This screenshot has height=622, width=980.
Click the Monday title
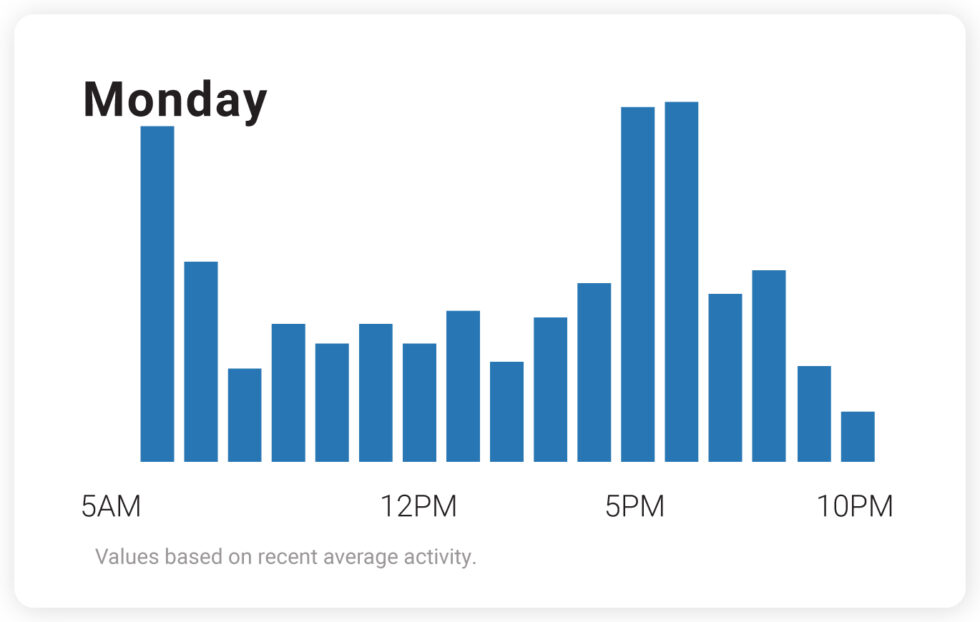(x=175, y=99)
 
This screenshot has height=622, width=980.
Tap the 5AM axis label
(x=111, y=507)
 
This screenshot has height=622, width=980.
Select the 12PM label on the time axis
(x=418, y=507)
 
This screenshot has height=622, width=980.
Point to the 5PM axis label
(x=635, y=507)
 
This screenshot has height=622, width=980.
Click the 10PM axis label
(x=855, y=507)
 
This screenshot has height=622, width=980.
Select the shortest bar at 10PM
(x=857, y=437)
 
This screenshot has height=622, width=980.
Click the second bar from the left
(x=201, y=361)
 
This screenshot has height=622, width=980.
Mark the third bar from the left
(x=244, y=415)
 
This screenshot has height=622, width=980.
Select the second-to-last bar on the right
(x=814, y=414)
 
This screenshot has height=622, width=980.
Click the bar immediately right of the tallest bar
(x=725, y=377)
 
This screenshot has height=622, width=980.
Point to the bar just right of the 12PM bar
(x=463, y=386)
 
